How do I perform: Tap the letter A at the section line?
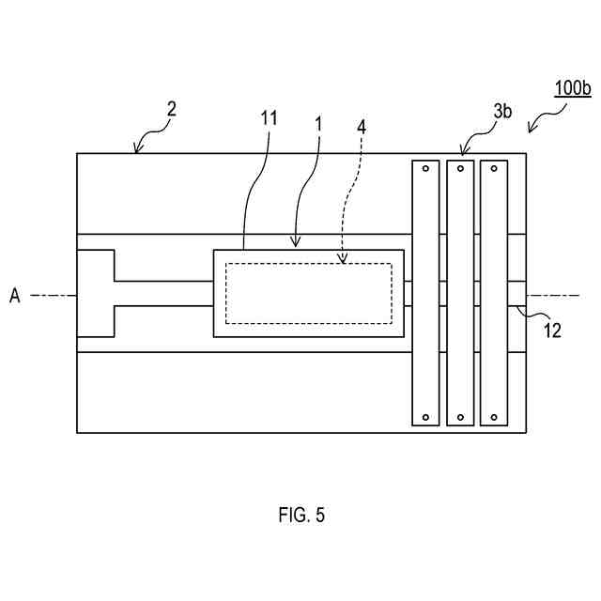point(15,296)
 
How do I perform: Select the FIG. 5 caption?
point(301,515)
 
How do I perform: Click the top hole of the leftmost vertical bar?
point(425,169)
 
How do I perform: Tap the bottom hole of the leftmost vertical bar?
point(425,417)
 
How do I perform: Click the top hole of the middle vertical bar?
point(460,169)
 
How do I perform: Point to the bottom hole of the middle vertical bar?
point(460,417)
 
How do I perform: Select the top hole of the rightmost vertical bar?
point(494,169)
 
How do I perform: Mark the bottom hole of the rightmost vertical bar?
point(494,417)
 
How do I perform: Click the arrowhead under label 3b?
point(463,152)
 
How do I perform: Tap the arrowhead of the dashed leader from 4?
point(343,262)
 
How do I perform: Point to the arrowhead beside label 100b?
point(531,132)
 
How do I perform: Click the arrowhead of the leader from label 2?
point(138,151)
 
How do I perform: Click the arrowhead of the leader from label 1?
point(298,248)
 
